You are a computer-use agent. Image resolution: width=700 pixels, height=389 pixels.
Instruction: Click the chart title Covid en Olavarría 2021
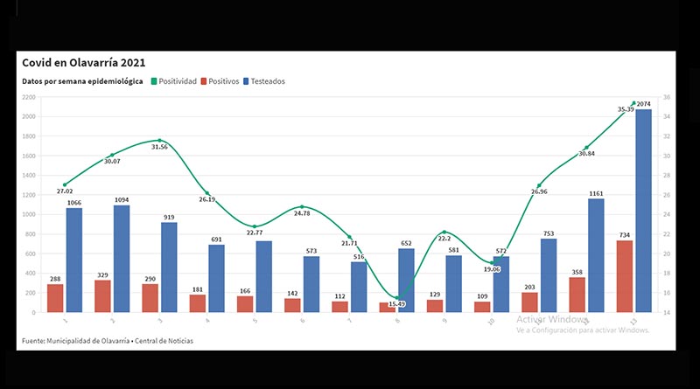84,63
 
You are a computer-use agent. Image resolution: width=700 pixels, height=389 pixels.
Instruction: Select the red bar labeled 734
625,276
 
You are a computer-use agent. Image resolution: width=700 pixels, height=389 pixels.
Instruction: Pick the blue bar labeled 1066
74,260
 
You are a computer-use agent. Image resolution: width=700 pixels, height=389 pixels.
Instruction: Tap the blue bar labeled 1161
595,255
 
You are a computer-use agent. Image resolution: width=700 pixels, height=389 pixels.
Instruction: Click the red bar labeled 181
198,303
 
